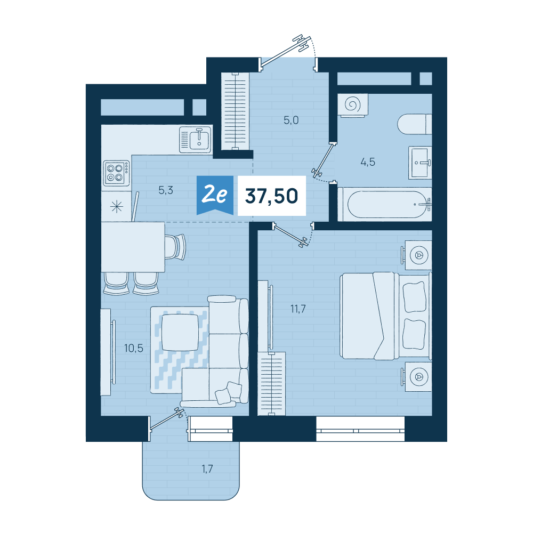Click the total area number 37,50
pos(272,196)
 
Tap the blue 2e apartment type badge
pos(215,195)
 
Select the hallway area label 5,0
pos(292,120)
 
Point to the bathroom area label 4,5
pos(368,162)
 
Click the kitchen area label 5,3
pos(166,190)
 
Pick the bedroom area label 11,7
pos(298,309)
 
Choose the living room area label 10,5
pos(134,348)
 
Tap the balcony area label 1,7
pos(207,469)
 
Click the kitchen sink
pos(196,140)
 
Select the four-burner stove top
pos(116,173)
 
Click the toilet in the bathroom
pos(415,124)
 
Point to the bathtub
pos(385,204)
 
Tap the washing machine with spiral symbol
pos(352,106)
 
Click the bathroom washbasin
pos(420,163)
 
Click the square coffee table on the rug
pos(180,333)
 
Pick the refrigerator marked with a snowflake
pos(116,206)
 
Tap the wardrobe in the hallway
pos(235,111)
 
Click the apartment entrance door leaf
pos(285,51)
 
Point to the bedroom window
pos(360,429)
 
